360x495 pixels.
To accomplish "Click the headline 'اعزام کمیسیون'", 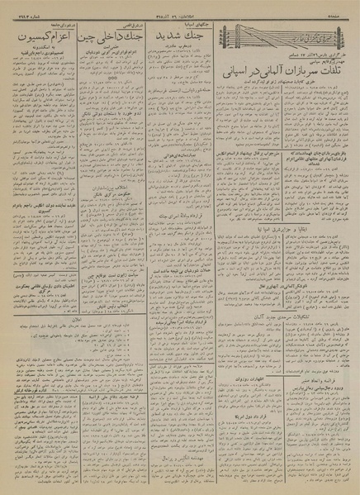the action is (x=42, y=37).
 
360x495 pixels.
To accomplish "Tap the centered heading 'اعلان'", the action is (x=107, y=317).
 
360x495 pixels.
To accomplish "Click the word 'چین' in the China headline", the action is (x=84, y=38).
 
